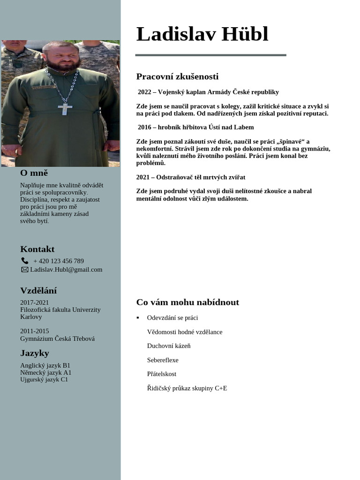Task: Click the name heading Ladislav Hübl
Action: tap(202, 34)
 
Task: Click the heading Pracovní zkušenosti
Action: tap(177, 76)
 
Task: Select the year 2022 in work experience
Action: tap(144, 92)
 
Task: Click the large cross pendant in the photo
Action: tap(65, 108)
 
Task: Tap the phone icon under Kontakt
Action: tap(25, 261)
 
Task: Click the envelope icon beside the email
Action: tap(25, 270)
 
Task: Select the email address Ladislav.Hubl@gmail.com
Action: tap(66, 270)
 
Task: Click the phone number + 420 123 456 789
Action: tap(59, 261)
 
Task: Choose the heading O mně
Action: tap(34, 173)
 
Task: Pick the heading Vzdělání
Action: tap(38, 291)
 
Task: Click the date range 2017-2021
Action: tap(34, 302)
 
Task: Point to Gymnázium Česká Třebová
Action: tap(57, 338)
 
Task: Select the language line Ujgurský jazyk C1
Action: tap(44, 379)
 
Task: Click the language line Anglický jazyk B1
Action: tap(45, 365)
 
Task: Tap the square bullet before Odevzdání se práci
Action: tap(138, 318)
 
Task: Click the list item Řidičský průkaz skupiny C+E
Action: tap(187, 388)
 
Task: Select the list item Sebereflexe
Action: tap(163, 360)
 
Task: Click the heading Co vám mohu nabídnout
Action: tap(187, 302)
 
